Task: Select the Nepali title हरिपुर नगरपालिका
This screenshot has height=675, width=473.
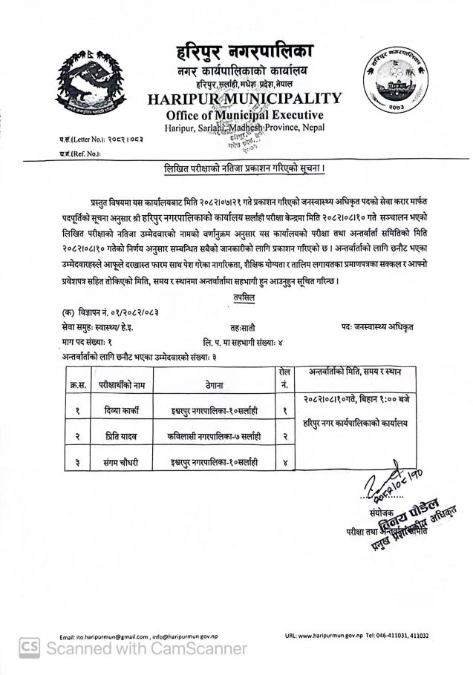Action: (244, 53)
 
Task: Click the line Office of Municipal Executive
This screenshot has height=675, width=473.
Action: (244, 115)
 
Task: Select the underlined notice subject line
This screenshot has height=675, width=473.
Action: (244, 169)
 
